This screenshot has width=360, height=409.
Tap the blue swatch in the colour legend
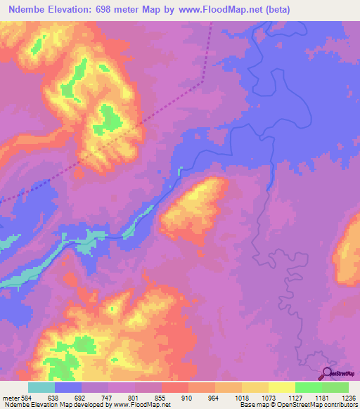[x=68, y=387]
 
